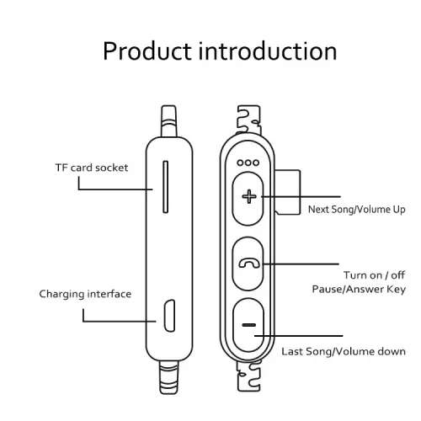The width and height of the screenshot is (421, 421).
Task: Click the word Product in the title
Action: [147, 51]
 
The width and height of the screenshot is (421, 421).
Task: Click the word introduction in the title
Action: [268, 51]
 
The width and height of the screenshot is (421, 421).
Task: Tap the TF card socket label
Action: [92, 168]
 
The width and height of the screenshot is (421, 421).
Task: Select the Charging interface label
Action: [85, 294]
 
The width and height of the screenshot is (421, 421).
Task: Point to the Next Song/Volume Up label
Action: [357, 210]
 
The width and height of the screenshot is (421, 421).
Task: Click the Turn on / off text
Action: [374, 275]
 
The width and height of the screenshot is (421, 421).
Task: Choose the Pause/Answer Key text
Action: [359, 289]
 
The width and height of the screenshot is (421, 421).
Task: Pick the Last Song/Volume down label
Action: [344, 351]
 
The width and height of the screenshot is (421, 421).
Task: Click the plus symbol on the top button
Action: [249, 196]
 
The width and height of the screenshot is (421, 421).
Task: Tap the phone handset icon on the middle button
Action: [249, 264]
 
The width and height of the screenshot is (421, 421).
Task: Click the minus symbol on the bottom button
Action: [249, 325]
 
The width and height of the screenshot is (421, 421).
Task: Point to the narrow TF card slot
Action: [166, 187]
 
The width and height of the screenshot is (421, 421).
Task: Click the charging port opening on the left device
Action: [169, 316]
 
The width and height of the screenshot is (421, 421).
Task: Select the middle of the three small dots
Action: [248, 163]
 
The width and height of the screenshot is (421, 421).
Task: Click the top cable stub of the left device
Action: [169, 121]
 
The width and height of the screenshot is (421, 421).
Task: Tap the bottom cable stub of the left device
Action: [169, 377]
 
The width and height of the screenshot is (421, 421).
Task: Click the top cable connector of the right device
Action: [248, 120]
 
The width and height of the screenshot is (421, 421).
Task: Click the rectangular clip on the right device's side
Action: [288, 192]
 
